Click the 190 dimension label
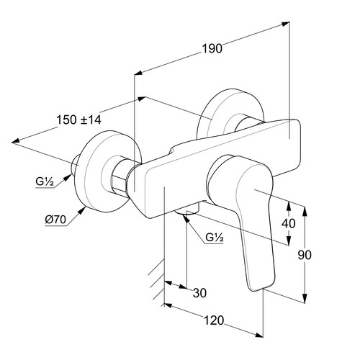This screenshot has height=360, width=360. [x=212, y=48]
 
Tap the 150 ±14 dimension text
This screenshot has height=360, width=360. [x=78, y=120]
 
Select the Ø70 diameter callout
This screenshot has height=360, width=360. [x=55, y=220]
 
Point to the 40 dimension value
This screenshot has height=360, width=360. [x=288, y=223]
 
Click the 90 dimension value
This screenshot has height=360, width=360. [x=305, y=255]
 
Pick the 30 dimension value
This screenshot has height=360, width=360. [x=199, y=293]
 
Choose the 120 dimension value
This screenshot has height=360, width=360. [x=214, y=320]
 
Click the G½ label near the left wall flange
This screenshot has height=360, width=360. [x=45, y=181]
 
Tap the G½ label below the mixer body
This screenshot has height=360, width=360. [x=215, y=238]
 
